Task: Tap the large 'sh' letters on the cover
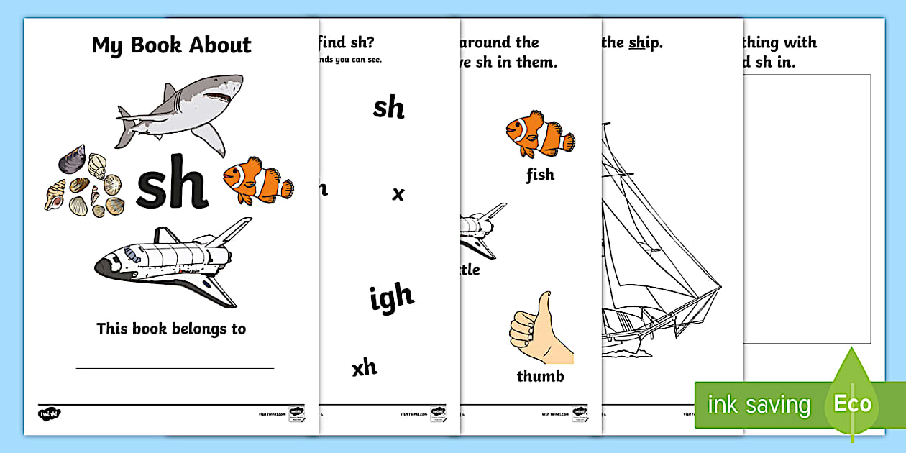172,183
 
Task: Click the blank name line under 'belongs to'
175,367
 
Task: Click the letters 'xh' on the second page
365,367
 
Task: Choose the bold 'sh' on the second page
389,108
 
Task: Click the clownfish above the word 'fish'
539,134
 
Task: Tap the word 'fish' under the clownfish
540,175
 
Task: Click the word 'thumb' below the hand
540,376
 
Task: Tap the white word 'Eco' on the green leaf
852,403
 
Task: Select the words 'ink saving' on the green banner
759,405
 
